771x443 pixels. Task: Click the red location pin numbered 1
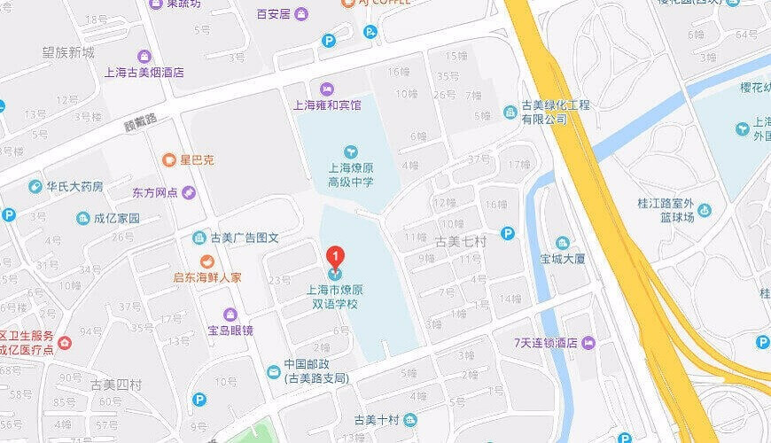tap(336, 257)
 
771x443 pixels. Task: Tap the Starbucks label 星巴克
tap(197, 160)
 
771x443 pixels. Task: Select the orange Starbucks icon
tap(169, 160)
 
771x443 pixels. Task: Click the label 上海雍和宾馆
tap(327, 105)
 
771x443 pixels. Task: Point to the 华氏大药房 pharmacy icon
tap(35, 187)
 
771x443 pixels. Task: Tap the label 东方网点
tap(155, 193)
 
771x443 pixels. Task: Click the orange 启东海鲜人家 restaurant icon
tap(206, 261)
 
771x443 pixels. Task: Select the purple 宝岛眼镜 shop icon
tap(230, 315)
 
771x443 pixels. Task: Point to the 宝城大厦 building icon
tap(562, 243)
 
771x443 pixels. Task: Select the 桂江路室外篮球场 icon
tap(705, 210)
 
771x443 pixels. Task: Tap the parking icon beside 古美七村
tap(508, 234)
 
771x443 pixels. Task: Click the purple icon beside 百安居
tap(300, 14)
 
